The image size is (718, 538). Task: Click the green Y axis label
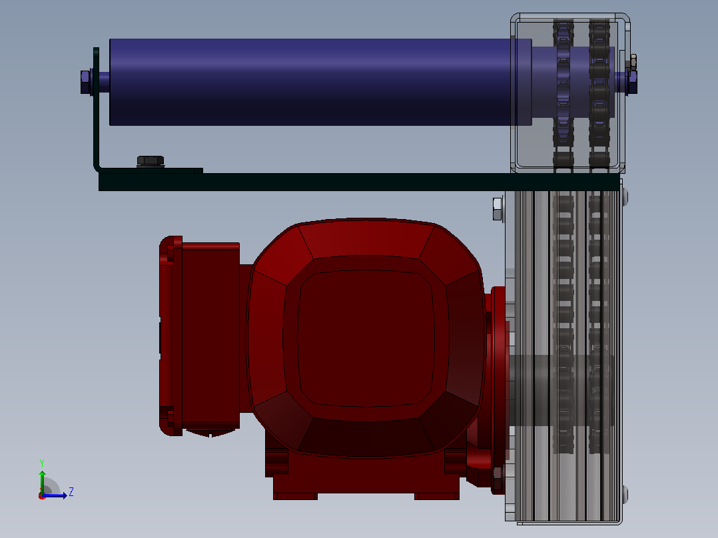pos(42,463)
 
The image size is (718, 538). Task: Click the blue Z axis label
pos(71,492)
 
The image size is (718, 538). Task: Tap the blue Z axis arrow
pos(55,495)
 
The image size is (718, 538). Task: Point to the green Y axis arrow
pos(42,483)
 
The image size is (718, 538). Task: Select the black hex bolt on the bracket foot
pos(151,161)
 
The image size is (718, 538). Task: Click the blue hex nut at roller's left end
pos(85,82)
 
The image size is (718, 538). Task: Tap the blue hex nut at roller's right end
pos(632,82)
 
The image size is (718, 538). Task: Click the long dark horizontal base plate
pos(359,182)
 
